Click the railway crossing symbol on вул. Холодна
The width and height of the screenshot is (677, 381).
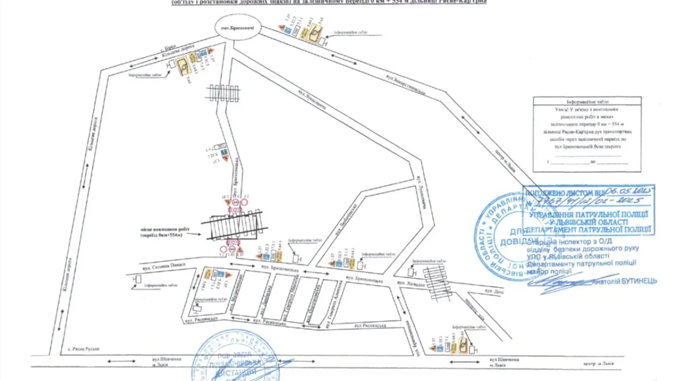click(437, 282)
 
